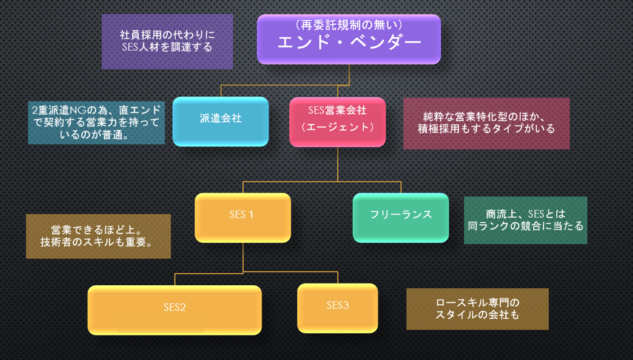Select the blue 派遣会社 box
pos(220,121)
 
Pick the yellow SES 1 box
pos(243,218)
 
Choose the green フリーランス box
pos(400,218)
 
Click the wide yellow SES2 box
pos(175,310)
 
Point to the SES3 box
pos(337,308)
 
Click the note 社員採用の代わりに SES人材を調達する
pos(167,41)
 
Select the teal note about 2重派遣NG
pos(96,123)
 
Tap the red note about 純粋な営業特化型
pos(486,123)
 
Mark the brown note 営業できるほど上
pos(98,236)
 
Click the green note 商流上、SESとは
pos(525,220)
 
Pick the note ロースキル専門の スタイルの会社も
pos(477,309)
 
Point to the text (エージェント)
pos(337,127)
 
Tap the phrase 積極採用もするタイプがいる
pos(486,129)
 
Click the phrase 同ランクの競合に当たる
pos(525,226)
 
